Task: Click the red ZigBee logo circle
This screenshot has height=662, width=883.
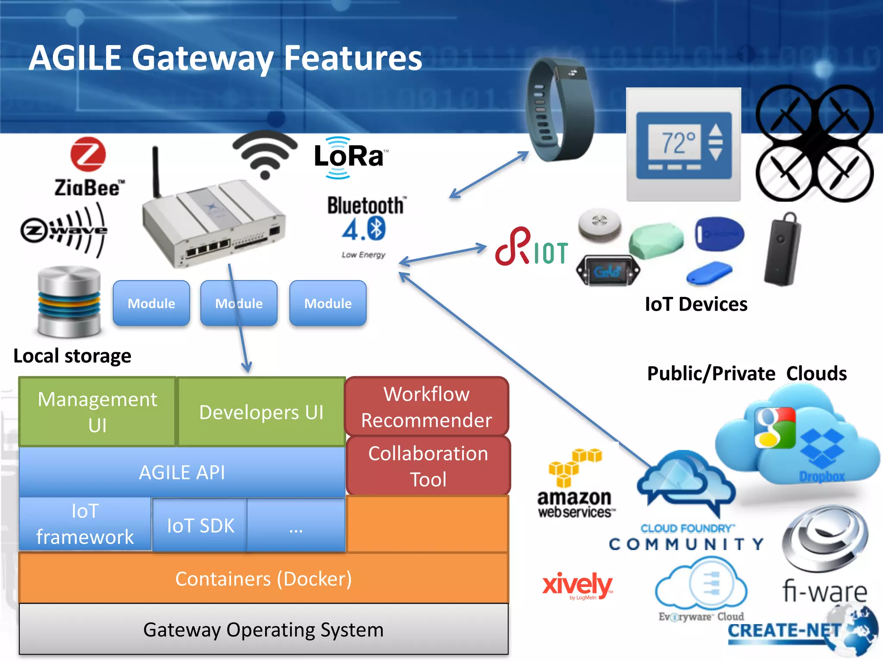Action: click(88, 154)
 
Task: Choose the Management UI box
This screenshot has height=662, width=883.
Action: click(97, 412)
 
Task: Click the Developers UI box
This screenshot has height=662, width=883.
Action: click(261, 412)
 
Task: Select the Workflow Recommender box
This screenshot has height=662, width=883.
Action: click(426, 406)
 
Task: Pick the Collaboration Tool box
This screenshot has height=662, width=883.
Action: click(428, 466)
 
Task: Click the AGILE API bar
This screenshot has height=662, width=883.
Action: click(182, 472)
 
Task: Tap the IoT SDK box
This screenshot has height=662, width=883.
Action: click(200, 525)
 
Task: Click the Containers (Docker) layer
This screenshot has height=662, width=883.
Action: click(263, 578)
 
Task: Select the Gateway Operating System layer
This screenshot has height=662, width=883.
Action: click(263, 629)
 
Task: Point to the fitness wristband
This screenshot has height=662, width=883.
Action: click(559, 110)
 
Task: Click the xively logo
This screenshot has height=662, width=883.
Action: click(577, 585)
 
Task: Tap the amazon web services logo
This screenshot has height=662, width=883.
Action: click(575, 485)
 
